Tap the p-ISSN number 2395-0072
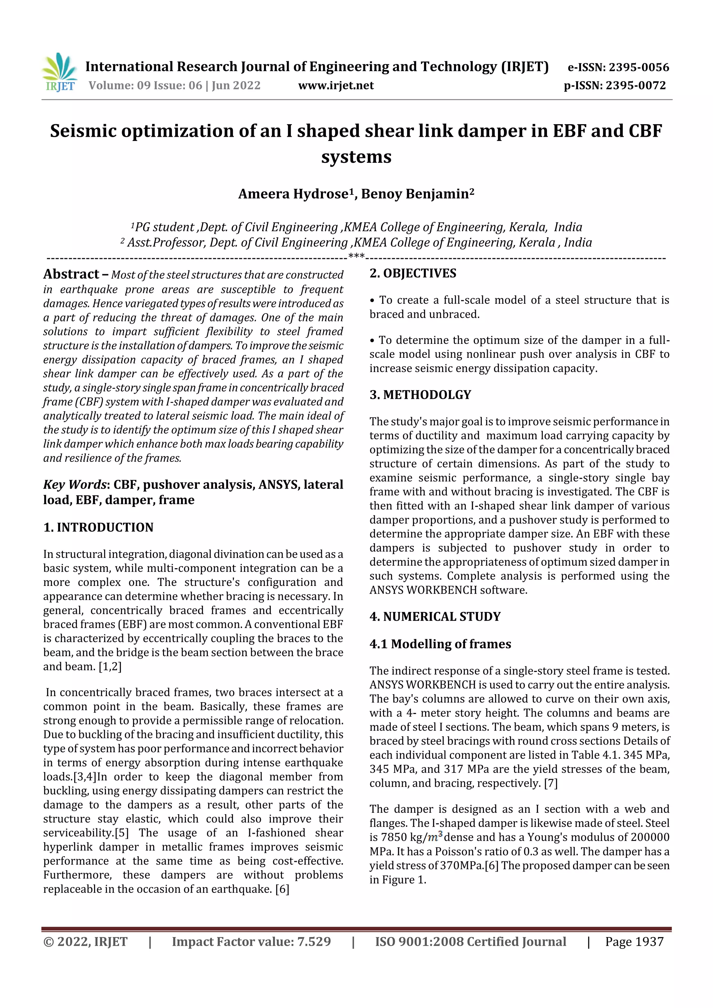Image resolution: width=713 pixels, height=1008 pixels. pyautogui.click(x=636, y=86)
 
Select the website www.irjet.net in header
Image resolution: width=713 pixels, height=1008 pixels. pyautogui.click(x=336, y=86)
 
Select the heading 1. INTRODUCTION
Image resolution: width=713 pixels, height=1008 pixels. pyautogui.click(x=99, y=527)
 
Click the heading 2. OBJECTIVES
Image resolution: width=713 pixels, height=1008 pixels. pyautogui.click(x=413, y=273)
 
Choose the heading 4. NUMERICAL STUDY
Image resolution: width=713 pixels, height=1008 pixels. pyautogui.click(x=435, y=617)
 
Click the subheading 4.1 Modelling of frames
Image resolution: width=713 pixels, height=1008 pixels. pyautogui.click(x=440, y=644)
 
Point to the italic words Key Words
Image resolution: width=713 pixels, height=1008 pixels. pyautogui.click(x=75, y=485)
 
